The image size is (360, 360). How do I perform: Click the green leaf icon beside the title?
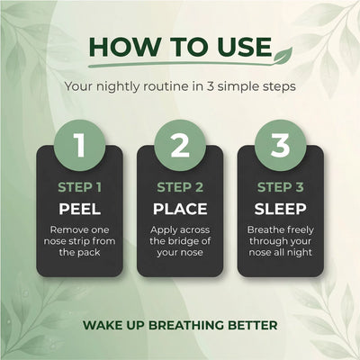(x=283, y=55)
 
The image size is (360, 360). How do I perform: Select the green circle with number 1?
(x=80, y=145)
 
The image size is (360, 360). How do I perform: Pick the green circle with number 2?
(x=180, y=145)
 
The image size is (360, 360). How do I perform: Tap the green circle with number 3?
(x=280, y=145)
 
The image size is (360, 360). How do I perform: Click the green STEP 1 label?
(x=80, y=187)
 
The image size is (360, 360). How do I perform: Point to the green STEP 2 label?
(x=180, y=187)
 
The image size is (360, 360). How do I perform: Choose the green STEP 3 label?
(x=281, y=187)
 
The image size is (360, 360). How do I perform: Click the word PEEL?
(x=80, y=209)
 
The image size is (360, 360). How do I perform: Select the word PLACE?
(x=180, y=209)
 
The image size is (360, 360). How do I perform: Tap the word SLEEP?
(x=280, y=209)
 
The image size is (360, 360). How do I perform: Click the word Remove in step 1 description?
(x=65, y=229)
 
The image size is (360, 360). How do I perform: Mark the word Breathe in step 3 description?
(x=263, y=229)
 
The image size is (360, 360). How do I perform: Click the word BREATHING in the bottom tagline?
(x=186, y=325)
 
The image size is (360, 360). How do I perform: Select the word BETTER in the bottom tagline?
(x=253, y=325)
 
